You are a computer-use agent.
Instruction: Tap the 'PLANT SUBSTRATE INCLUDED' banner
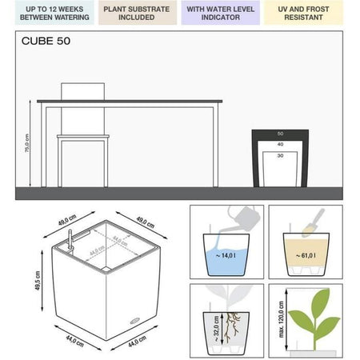pos(138,12)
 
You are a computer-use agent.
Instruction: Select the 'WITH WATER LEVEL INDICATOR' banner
pos(222,12)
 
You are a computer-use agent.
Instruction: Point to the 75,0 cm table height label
pos(27,144)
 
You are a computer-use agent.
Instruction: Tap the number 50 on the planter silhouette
pos(280,134)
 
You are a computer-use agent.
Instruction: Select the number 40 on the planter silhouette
pos(280,144)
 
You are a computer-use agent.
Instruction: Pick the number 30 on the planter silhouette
pos(280,155)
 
